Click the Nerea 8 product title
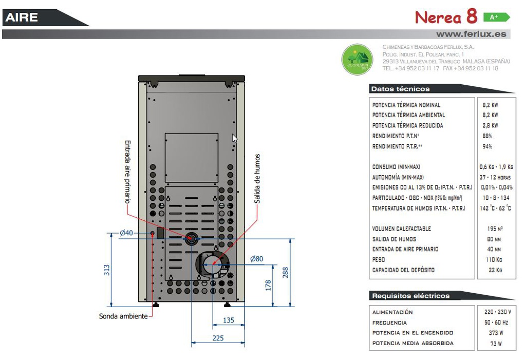[x=446, y=17]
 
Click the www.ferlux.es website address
[x=471, y=34]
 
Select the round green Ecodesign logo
[x=358, y=59]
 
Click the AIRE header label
[x=22, y=17]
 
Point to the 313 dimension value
[x=106, y=270]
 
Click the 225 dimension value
[x=218, y=338]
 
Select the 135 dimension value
[x=229, y=320]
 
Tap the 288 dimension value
[x=286, y=272]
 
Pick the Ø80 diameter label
[x=256, y=259]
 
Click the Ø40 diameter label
[x=126, y=233]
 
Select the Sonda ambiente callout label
[x=123, y=316]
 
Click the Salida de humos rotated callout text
[x=257, y=178]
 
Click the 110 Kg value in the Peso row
[x=494, y=260]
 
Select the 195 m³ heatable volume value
[x=495, y=229]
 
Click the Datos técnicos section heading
[x=400, y=89]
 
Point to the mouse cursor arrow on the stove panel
[x=234, y=138]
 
